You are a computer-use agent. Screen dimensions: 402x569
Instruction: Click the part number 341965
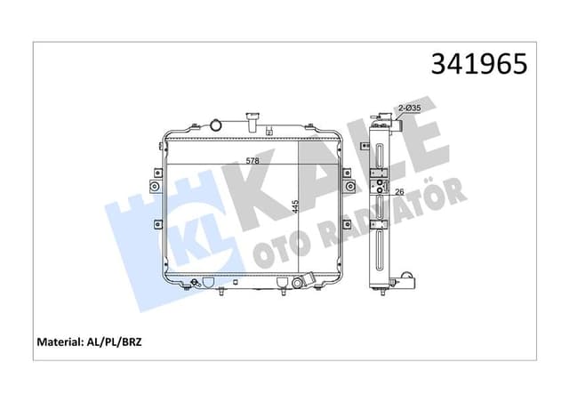click(478, 64)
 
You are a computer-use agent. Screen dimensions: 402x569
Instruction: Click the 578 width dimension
click(253, 161)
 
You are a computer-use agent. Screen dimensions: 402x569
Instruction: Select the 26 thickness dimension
click(399, 189)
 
